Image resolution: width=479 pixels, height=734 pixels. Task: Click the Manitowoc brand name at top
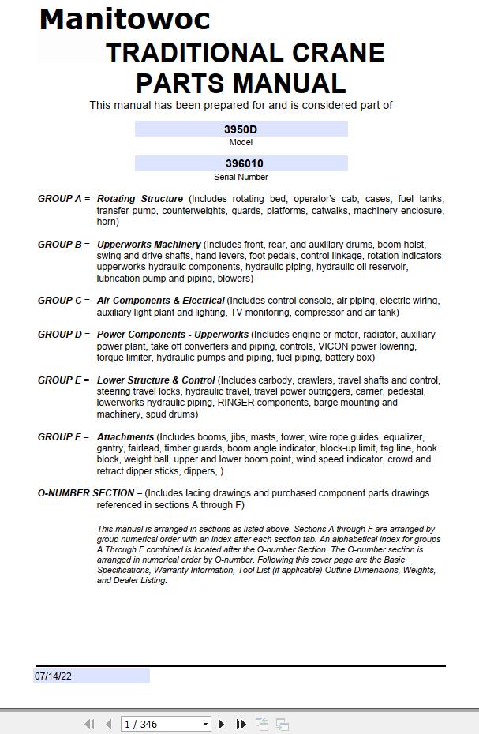pos(125,19)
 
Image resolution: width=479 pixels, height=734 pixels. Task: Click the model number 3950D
pos(241,129)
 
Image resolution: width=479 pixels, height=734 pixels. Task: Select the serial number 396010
pos(241,164)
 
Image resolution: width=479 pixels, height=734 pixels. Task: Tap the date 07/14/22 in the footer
pos(53,676)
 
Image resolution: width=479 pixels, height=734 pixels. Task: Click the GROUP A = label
pos(63,199)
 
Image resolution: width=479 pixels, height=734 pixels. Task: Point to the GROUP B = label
pos(63,245)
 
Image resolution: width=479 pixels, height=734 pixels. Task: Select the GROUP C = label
pos(63,301)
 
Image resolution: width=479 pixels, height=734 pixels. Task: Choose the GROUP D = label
pos(63,335)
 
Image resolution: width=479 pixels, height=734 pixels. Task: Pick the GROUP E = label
pos(63,380)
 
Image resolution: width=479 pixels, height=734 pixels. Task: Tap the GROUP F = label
pos(63,437)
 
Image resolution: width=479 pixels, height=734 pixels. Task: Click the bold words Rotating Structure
pos(140,199)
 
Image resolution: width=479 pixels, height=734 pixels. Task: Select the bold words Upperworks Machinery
pos(148,245)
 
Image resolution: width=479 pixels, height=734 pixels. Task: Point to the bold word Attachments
pos(125,437)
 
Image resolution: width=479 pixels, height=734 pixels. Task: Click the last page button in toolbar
pos(241,724)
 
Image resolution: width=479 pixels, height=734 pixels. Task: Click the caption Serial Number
pos(241,177)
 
